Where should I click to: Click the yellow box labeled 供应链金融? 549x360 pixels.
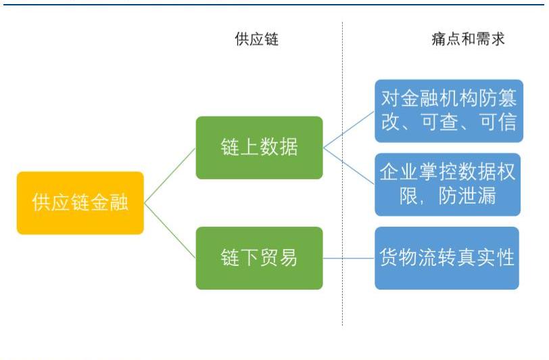[x=80, y=202]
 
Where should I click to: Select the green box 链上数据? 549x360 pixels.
[x=259, y=148]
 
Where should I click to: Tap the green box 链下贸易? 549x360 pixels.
[x=259, y=258]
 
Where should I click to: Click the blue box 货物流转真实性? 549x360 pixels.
[x=447, y=258]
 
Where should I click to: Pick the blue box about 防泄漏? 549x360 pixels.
[x=448, y=184]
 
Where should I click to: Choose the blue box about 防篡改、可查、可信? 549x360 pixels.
[x=449, y=111]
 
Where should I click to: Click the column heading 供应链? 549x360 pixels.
[x=257, y=39]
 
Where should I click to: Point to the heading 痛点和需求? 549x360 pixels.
[x=468, y=39]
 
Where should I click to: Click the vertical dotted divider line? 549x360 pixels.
[x=342, y=173]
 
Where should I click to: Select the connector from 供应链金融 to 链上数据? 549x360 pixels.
[x=170, y=176]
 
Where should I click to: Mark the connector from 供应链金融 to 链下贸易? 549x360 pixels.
[x=170, y=231]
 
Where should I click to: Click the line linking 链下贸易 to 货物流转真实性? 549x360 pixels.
[x=349, y=258]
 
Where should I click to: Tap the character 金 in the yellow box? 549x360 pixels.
[x=99, y=202]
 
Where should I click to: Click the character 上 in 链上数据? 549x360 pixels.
[x=249, y=147]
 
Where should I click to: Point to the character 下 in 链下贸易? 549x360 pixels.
[x=249, y=258]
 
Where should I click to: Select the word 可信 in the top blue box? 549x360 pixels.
[x=498, y=122]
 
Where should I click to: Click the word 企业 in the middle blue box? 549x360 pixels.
[x=400, y=172]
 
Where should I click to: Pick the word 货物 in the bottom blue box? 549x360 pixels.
[x=398, y=257]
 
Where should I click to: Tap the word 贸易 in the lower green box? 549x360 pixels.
[x=279, y=258]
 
